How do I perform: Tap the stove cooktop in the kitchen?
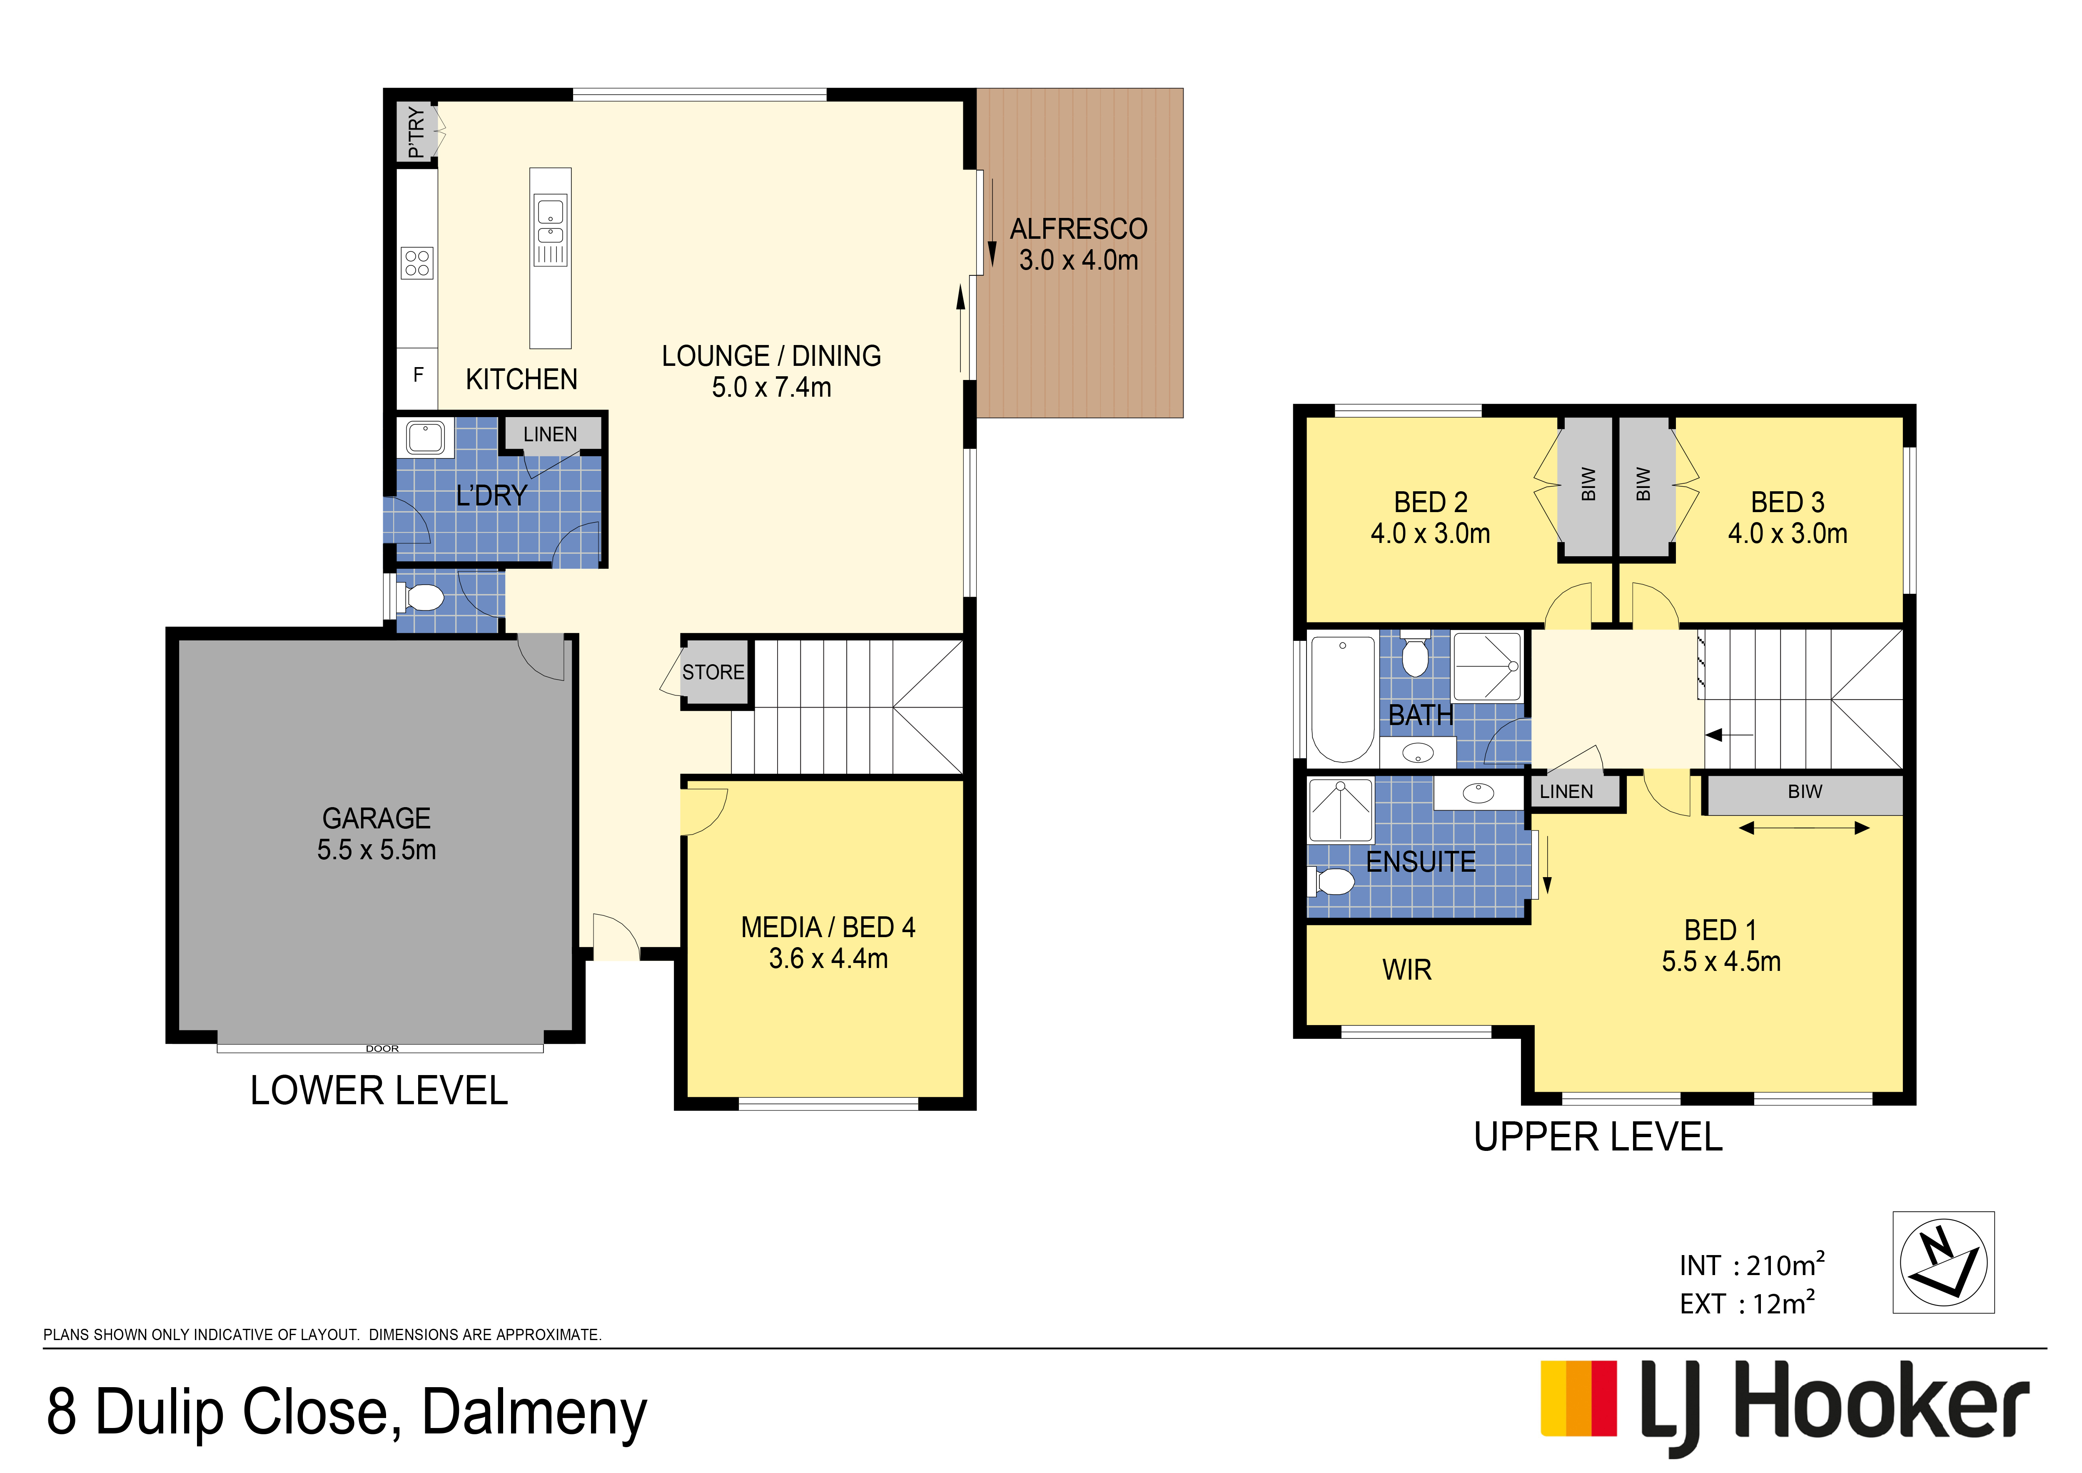coord(417,263)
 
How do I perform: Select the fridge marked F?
coord(418,375)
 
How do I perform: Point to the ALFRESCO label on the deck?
coord(1078,229)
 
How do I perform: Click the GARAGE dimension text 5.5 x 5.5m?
coord(377,850)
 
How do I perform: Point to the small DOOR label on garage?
coord(382,1048)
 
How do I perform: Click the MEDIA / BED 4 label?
coord(828,927)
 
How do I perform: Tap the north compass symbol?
coord(1943,1262)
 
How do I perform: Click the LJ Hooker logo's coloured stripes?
coord(1579,1398)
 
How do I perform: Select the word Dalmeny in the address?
coord(535,1413)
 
